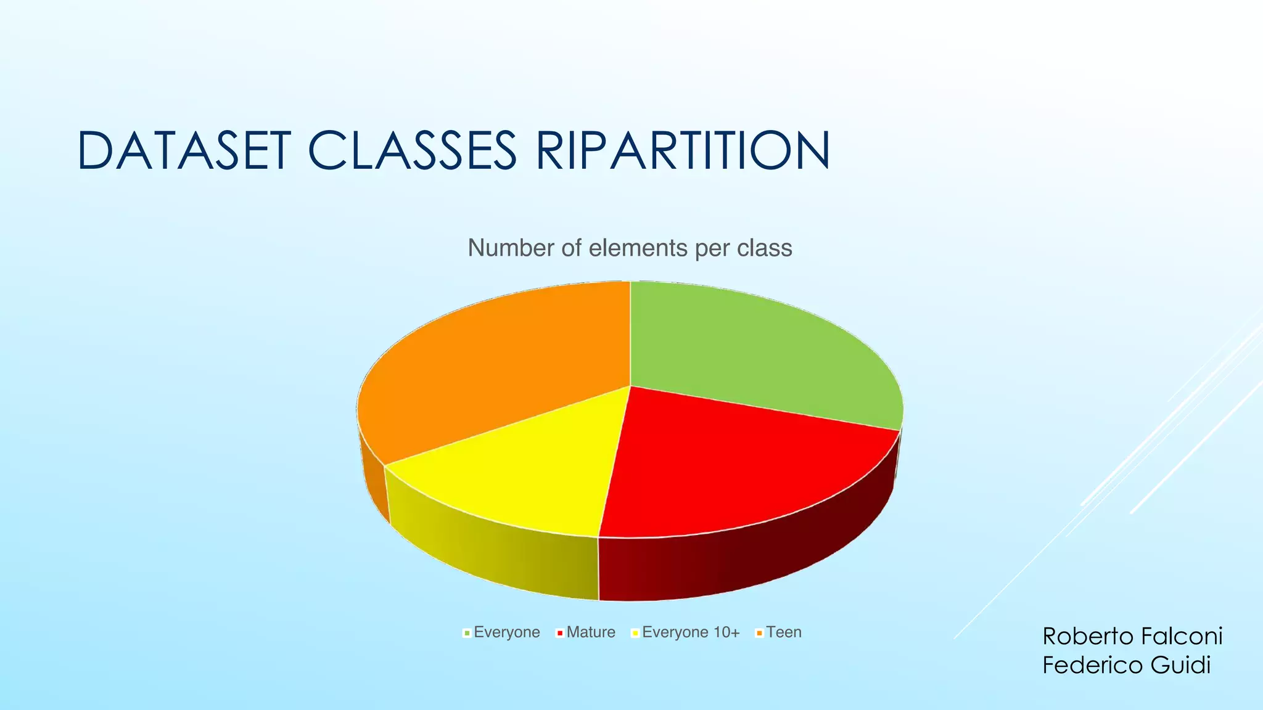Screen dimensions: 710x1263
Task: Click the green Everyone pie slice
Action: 759,351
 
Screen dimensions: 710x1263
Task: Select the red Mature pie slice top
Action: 728,468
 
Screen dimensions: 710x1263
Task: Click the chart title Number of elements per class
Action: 630,248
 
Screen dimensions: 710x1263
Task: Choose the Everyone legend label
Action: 506,632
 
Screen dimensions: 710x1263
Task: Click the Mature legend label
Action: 591,632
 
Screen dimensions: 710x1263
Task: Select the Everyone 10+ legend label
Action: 691,632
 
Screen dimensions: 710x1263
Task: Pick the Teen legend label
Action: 784,632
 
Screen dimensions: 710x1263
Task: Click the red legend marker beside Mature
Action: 560,633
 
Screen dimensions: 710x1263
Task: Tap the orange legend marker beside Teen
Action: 760,633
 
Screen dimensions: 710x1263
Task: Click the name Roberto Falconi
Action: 1132,636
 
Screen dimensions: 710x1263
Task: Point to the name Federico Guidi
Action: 1126,665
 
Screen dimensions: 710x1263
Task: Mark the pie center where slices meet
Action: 630,386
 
